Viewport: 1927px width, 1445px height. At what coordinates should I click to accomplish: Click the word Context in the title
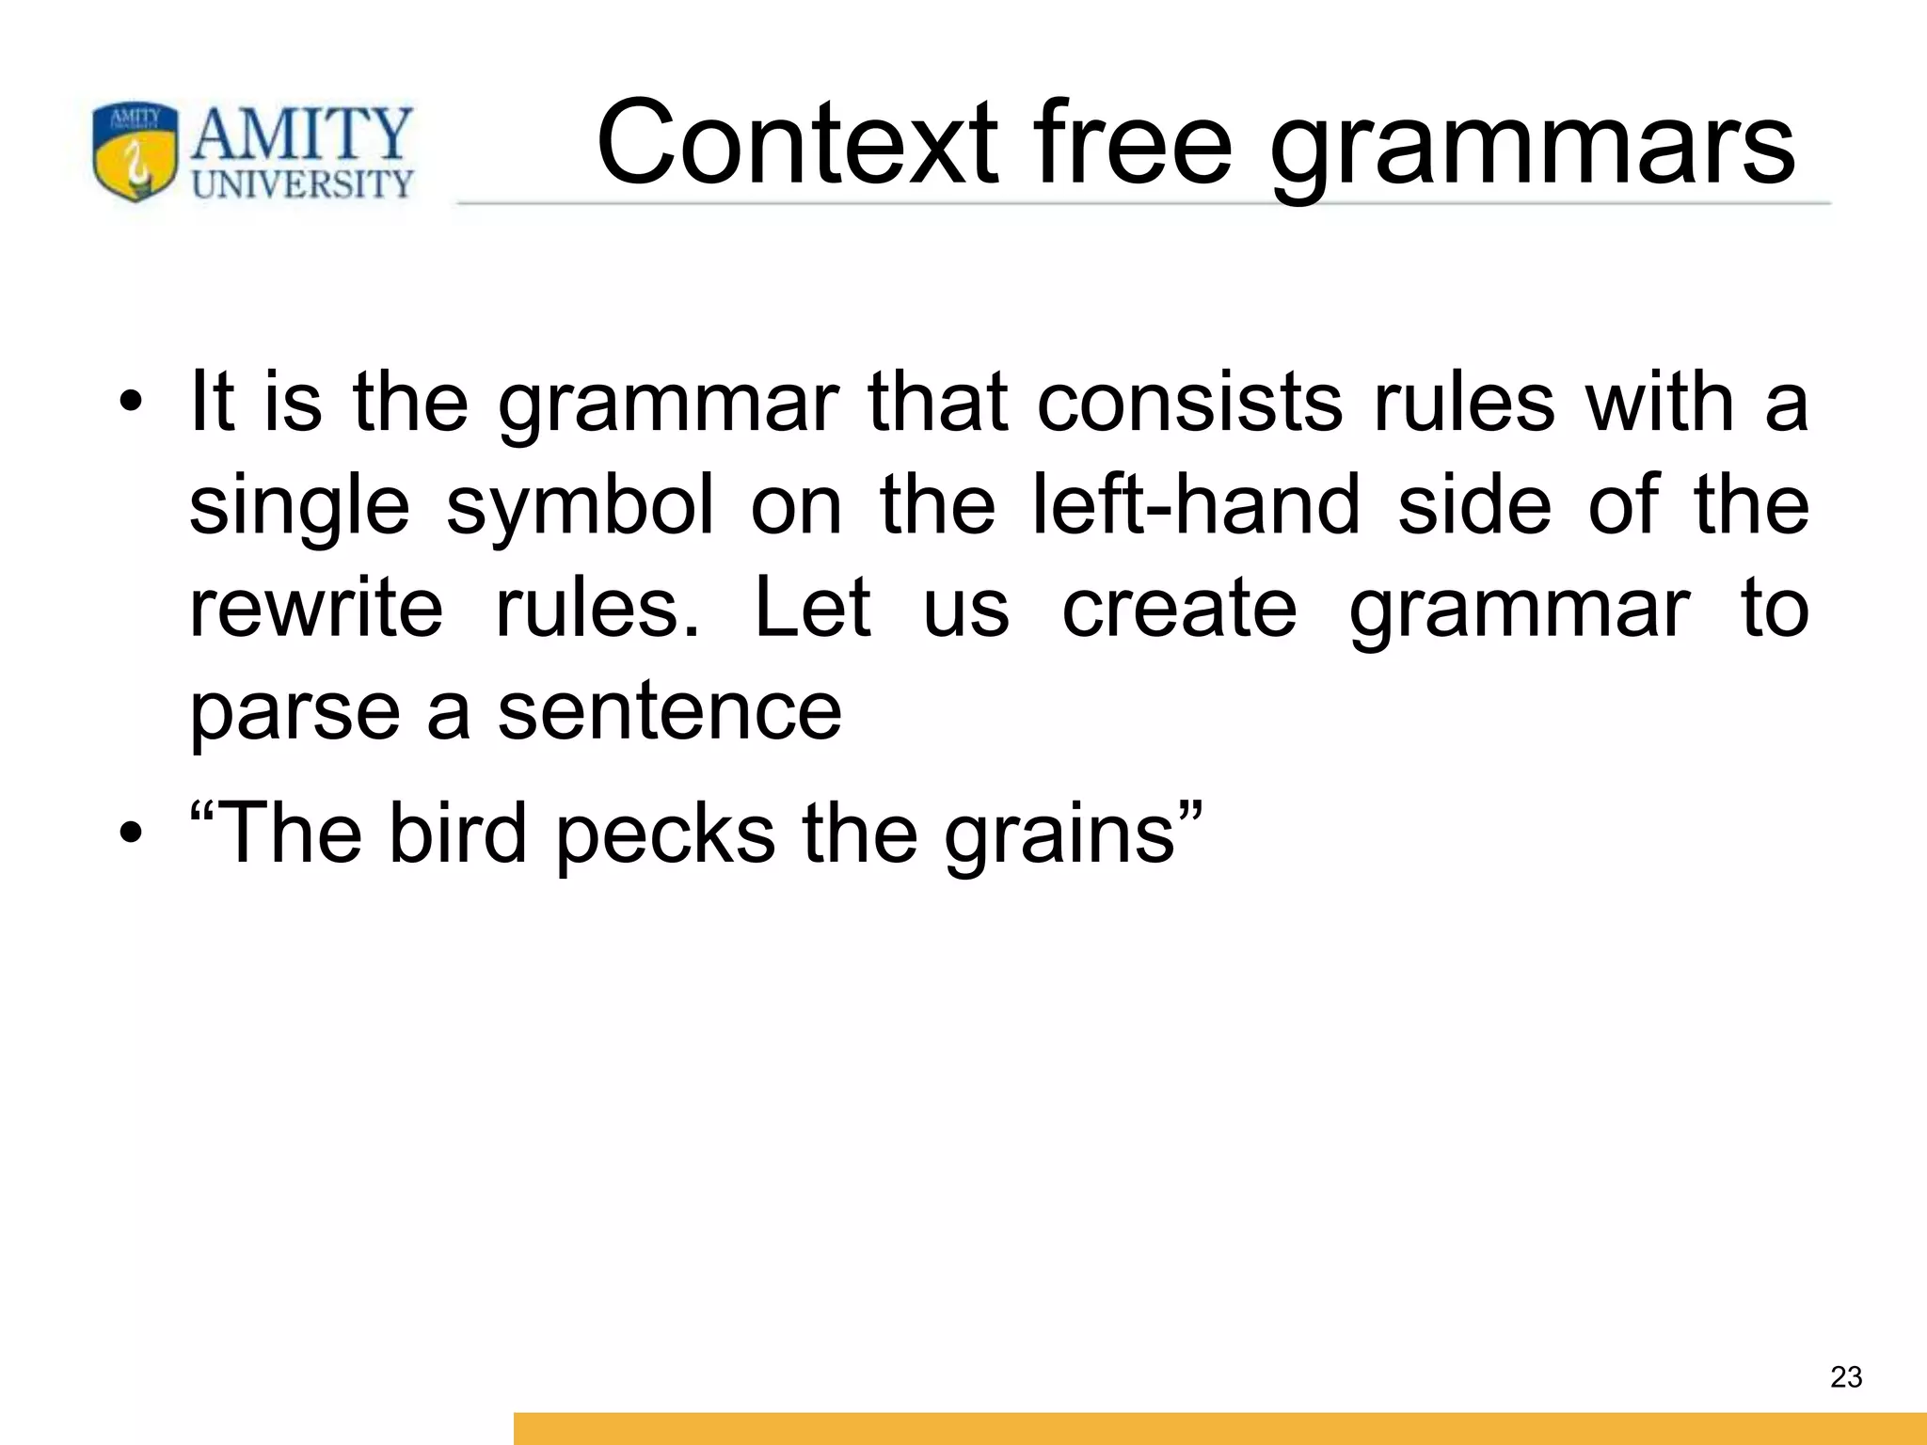tap(796, 143)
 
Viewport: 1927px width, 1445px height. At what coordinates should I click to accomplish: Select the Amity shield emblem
tap(135, 151)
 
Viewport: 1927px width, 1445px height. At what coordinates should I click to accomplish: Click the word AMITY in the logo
tap(302, 135)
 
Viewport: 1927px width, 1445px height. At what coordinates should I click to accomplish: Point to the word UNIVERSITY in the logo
tap(302, 183)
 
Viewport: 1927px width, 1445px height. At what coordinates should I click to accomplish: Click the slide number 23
tap(1845, 1377)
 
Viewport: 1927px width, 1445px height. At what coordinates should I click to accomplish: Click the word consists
tap(1189, 403)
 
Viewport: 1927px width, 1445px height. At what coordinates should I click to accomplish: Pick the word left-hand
tap(1196, 504)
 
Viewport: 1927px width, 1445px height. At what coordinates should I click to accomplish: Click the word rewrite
tap(316, 608)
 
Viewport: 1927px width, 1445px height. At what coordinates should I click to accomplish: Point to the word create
tap(1179, 608)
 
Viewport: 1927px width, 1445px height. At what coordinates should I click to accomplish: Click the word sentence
tap(669, 711)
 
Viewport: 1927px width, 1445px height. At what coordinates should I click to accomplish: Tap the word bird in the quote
tap(457, 832)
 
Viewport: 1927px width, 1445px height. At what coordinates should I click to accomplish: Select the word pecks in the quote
tap(665, 834)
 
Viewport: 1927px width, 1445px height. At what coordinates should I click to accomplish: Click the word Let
tap(813, 608)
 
